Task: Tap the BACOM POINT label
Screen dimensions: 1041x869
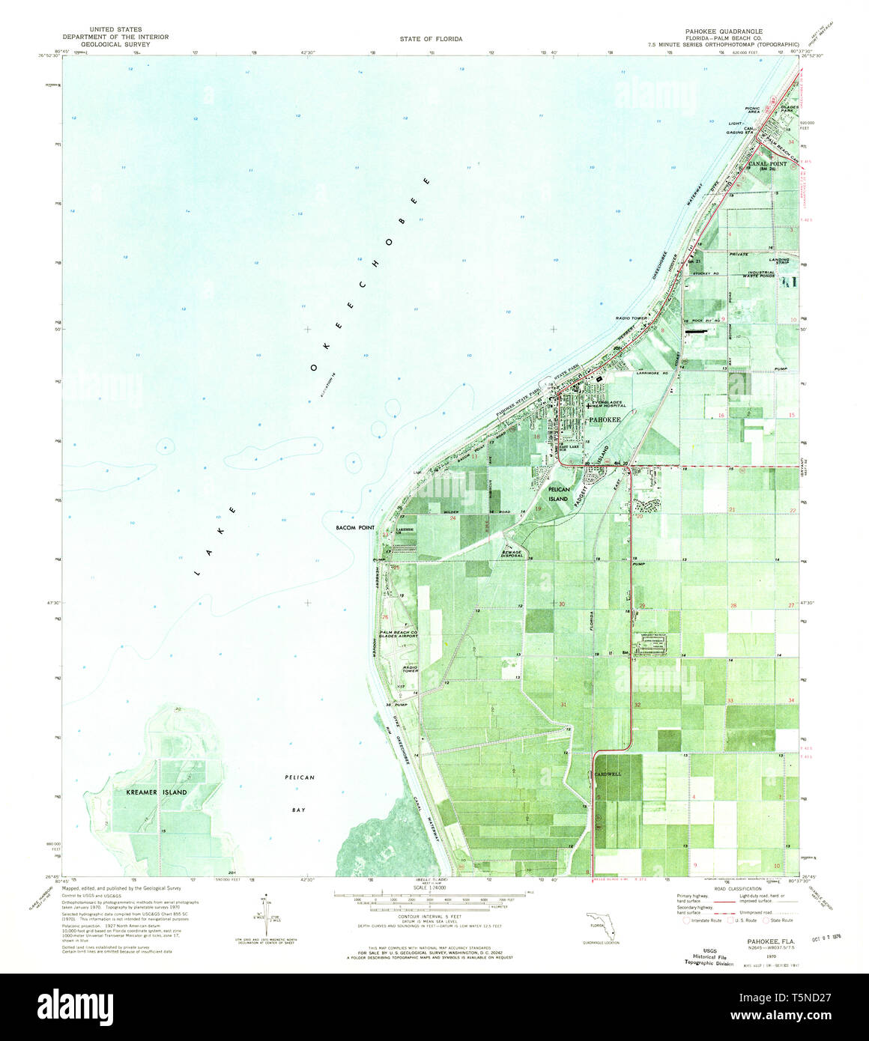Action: coord(356,527)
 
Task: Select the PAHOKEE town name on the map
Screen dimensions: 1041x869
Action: coord(605,420)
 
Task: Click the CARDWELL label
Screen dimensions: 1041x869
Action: coord(608,774)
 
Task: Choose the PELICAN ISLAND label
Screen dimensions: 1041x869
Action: coord(559,494)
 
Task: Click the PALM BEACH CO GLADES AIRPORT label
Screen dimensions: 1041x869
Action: coord(402,636)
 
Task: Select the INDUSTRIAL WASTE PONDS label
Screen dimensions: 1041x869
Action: coord(757,274)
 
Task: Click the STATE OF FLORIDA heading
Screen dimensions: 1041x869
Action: coord(431,38)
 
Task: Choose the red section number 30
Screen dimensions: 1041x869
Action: coord(561,604)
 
